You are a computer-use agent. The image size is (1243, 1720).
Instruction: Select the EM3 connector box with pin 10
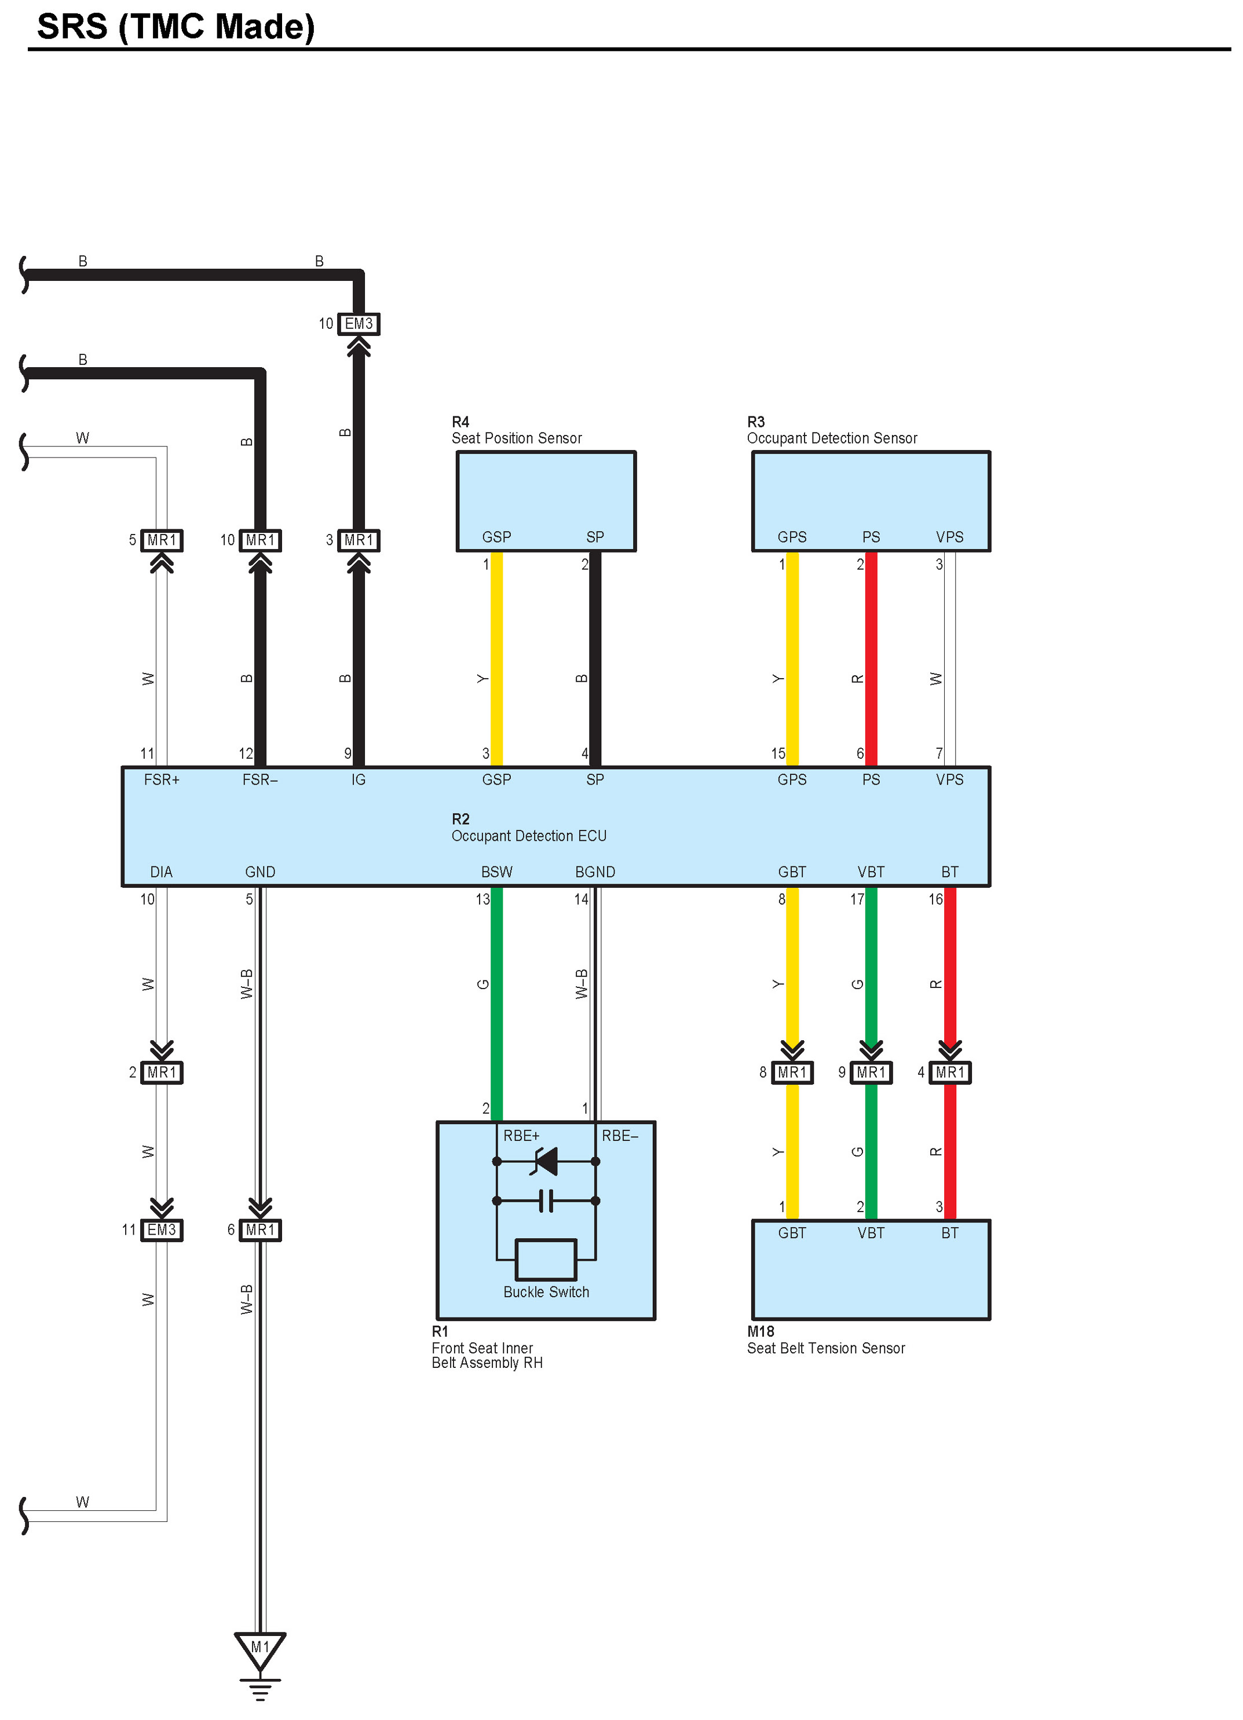point(358,324)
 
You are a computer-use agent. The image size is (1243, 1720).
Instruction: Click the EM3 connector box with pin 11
point(162,1229)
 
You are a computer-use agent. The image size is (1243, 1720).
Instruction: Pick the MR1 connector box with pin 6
point(259,1229)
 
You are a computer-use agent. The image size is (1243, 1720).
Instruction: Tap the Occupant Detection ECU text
point(529,836)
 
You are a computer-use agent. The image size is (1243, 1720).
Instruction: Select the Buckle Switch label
point(546,1291)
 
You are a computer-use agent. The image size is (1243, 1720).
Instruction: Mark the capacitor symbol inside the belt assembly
point(546,1201)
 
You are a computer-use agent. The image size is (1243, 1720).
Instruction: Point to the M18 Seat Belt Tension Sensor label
point(825,1340)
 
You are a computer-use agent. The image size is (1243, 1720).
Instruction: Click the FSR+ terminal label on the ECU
point(162,780)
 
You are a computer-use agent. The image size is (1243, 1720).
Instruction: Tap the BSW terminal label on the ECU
point(497,872)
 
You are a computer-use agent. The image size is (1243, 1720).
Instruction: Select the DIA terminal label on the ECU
point(161,872)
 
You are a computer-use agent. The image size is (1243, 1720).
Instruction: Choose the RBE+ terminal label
point(521,1135)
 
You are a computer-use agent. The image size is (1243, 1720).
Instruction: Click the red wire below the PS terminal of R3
point(871,660)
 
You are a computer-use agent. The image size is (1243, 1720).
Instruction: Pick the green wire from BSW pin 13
point(497,1001)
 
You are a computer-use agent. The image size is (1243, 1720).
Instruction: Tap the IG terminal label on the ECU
point(358,780)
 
